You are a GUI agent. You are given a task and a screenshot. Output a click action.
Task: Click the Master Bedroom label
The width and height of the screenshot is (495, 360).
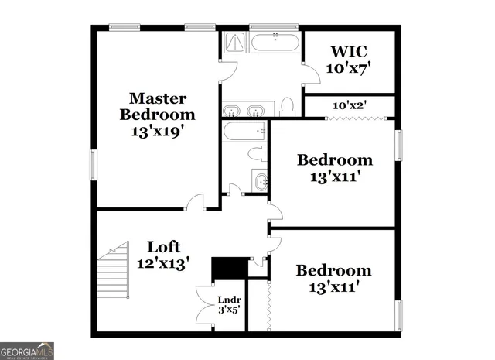click(x=157, y=115)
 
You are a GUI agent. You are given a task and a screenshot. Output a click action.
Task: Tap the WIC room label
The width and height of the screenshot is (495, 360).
click(x=349, y=60)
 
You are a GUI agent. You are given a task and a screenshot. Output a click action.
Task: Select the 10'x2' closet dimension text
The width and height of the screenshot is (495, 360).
click(x=350, y=105)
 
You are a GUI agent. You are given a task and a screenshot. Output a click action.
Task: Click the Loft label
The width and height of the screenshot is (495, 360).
click(x=164, y=255)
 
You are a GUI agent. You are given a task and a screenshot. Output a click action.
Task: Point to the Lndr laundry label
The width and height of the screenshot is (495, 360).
click(x=230, y=303)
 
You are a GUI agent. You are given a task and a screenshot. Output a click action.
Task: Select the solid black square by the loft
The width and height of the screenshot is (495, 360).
click(x=227, y=268)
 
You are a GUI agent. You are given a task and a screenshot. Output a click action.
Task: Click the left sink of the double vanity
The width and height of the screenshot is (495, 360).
click(x=231, y=110)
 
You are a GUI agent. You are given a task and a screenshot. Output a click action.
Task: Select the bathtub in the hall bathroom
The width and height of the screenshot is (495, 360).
click(x=244, y=132)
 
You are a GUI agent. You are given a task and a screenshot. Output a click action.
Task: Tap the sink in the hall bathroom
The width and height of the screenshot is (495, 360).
click(x=261, y=182)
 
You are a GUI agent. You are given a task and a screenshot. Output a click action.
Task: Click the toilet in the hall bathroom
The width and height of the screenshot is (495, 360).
click(x=259, y=153)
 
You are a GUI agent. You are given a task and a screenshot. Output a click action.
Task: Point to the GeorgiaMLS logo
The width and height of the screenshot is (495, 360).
click(x=27, y=351)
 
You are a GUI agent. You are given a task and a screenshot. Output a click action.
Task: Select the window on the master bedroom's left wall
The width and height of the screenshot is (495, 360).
click(x=94, y=164)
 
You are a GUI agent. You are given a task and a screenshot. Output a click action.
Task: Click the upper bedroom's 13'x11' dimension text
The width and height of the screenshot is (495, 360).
click(x=336, y=177)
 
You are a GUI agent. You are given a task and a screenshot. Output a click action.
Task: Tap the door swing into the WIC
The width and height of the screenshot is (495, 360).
click(x=310, y=71)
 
